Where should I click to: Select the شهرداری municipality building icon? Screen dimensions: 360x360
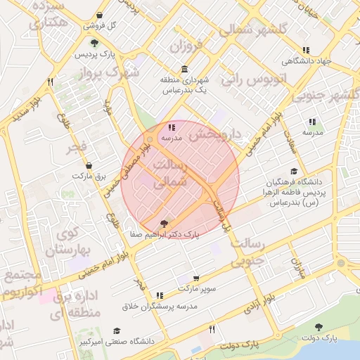pyautogui.click(x=184, y=69)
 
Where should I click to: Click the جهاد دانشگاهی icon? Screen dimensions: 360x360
pyautogui.click(x=305, y=50)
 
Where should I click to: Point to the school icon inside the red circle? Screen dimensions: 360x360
pyautogui.click(x=172, y=127)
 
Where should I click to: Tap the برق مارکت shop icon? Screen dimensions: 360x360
pyautogui.click(x=88, y=166)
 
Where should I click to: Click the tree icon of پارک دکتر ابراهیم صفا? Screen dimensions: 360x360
pyautogui.click(x=165, y=223)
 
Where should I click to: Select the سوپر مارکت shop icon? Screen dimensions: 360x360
pyautogui.click(x=196, y=278)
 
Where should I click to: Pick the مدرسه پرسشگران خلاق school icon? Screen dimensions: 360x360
pyautogui.click(x=160, y=295)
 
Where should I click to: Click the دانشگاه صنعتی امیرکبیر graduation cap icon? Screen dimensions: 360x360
pyautogui.click(x=117, y=330)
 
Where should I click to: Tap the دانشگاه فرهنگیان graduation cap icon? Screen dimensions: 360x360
pyautogui.click(x=293, y=172)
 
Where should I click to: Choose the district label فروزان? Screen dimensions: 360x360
pyautogui.click(x=186, y=47)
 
